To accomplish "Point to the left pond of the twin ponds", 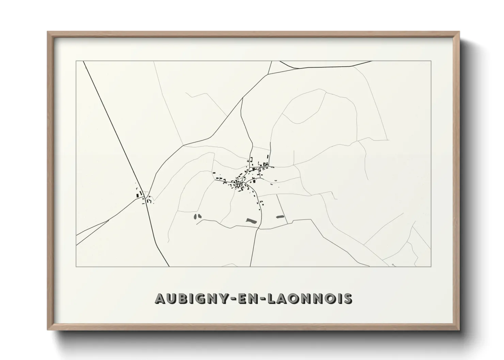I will tap(195, 216).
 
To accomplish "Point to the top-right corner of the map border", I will tap(431, 61).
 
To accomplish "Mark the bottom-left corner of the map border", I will tap(76, 266).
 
